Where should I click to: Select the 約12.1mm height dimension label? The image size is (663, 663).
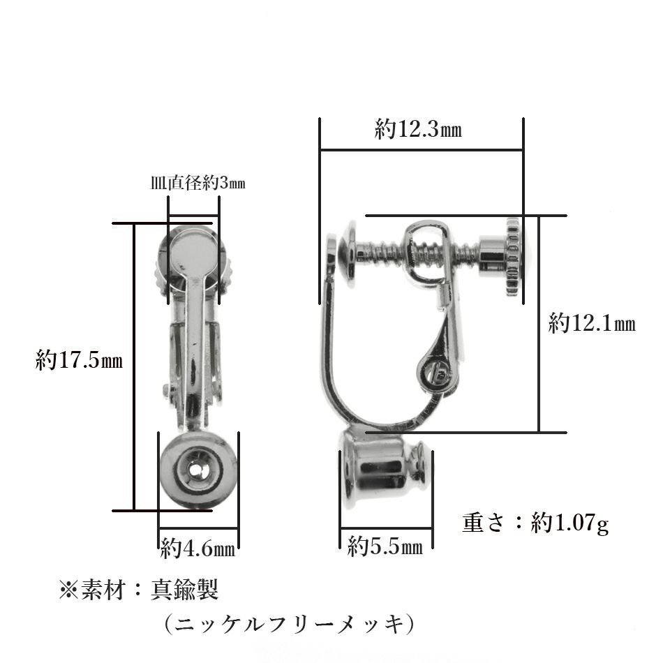591,323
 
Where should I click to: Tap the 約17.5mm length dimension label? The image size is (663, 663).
79,361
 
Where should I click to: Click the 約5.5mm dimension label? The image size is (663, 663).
385,546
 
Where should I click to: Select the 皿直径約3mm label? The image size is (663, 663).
198,184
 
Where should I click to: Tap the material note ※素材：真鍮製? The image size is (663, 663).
140,590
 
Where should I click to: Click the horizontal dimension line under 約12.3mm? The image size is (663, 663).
421,149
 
